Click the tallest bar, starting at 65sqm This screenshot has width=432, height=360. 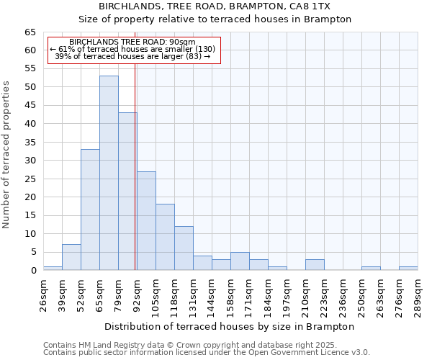[x=109, y=173]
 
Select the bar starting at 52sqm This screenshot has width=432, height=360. [x=90, y=210]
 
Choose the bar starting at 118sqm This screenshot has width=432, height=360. [x=184, y=248]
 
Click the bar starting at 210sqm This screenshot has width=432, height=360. [x=315, y=264]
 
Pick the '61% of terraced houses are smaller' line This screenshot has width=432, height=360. [x=132, y=49]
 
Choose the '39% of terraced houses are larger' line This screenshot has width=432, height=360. [x=132, y=56]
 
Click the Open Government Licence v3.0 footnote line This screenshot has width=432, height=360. [x=206, y=352]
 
